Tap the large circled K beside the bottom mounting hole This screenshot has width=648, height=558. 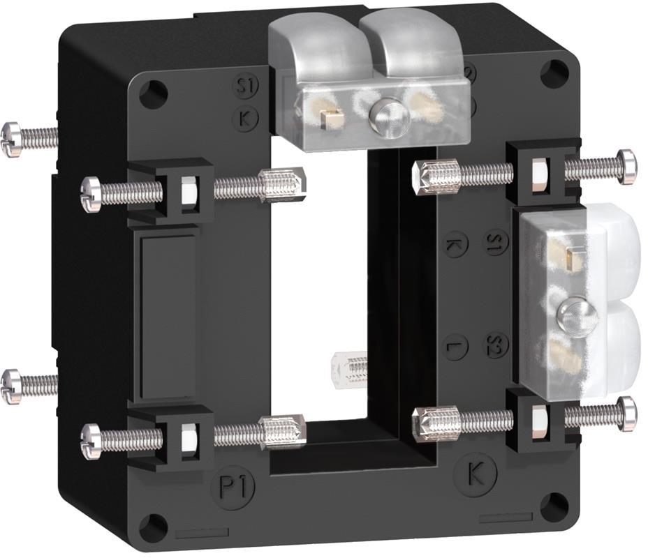click(475, 474)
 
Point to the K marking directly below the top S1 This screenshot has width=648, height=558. click(245, 118)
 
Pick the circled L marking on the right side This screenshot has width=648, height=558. click(455, 346)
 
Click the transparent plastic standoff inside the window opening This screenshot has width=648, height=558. click(348, 366)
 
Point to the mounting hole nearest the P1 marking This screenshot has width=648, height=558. click(153, 527)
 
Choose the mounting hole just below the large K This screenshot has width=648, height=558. click(554, 507)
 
